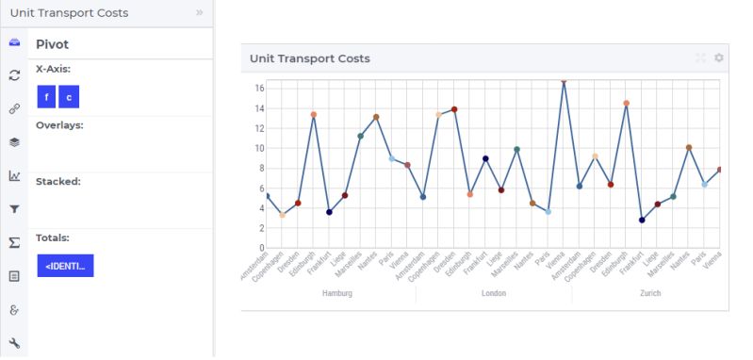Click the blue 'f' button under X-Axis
[x=46, y=97]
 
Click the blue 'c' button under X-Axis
[x=68, y=97]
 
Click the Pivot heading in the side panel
[x=52, y=44]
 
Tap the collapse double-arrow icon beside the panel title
[x=199, y=13]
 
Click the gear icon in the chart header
[x=719, y=58]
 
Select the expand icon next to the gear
[x=700, y=58]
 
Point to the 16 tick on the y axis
[x=257, y=88]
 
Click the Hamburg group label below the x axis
[x=336, y=293]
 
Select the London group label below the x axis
[x=493, y=293]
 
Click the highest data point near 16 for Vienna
[x=564, y=81]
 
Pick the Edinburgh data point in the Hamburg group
[x=314, y=115]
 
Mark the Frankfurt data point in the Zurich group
[x=642, y=220]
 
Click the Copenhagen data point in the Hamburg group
[x=282, y=216]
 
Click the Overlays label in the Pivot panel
[x=59, y=124]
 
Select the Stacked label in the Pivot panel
[x=57, y=181]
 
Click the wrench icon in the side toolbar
[x=14, y=342]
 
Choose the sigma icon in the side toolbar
[x=14, y=242]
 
